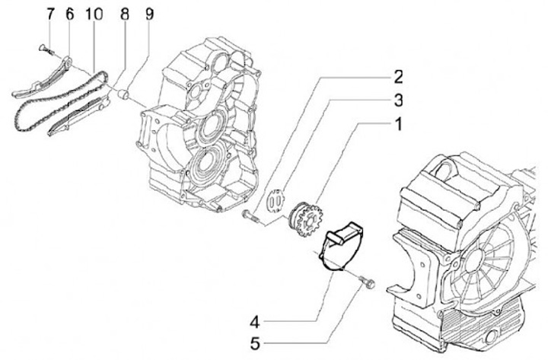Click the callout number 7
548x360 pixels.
[x=50, y=13]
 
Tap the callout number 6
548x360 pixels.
[x=69, y=13]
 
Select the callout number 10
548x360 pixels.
[x=94, y=13]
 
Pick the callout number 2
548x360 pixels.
[x=398, y=76]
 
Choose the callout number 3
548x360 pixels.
[x=398, y=99]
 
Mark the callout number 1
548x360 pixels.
[x=398, y=123]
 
